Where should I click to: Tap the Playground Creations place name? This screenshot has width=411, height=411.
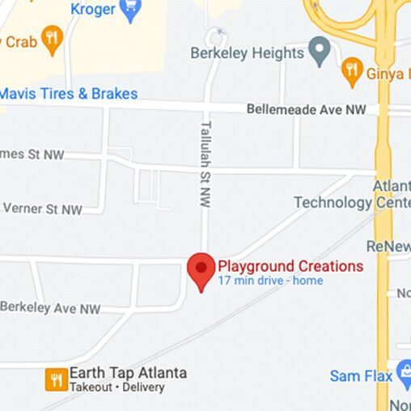290,266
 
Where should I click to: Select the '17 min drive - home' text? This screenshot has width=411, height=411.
270,281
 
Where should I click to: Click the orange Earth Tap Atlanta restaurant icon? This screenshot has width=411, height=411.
57,379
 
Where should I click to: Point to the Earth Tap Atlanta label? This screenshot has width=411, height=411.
128,373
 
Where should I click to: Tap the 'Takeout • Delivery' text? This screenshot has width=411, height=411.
117,388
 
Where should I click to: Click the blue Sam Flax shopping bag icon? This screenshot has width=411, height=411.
405,375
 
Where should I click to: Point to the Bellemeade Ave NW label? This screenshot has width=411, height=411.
306,108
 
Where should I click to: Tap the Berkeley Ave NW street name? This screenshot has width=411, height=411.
50,308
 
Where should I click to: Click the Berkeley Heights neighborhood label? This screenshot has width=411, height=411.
247,53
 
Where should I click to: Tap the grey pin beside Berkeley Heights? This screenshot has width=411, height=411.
320,53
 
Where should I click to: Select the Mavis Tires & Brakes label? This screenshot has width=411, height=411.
68,93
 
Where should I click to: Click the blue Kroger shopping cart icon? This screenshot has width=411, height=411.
129,10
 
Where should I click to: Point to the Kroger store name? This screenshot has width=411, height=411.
93,9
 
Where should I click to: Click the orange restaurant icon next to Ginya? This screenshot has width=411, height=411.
352,71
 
